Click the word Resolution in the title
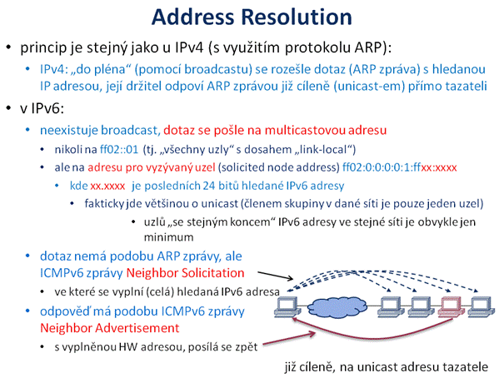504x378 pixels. coord(297,17)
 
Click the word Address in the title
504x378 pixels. coord(192,17)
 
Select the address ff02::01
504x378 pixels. coord(119,149)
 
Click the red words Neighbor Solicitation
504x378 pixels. coord(186,273)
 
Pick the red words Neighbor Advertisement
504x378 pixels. coord(110,328)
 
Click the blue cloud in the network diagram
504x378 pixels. coord(337,307)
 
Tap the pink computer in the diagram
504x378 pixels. coord(451,306)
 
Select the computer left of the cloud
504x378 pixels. coord(287,307)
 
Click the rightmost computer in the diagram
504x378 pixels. coord(481,306)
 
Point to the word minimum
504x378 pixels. coord(169,237)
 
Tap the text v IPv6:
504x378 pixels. coord(42,108)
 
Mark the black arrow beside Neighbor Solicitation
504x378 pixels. coord(276,276)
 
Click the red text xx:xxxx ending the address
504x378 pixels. coord(439,167)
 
